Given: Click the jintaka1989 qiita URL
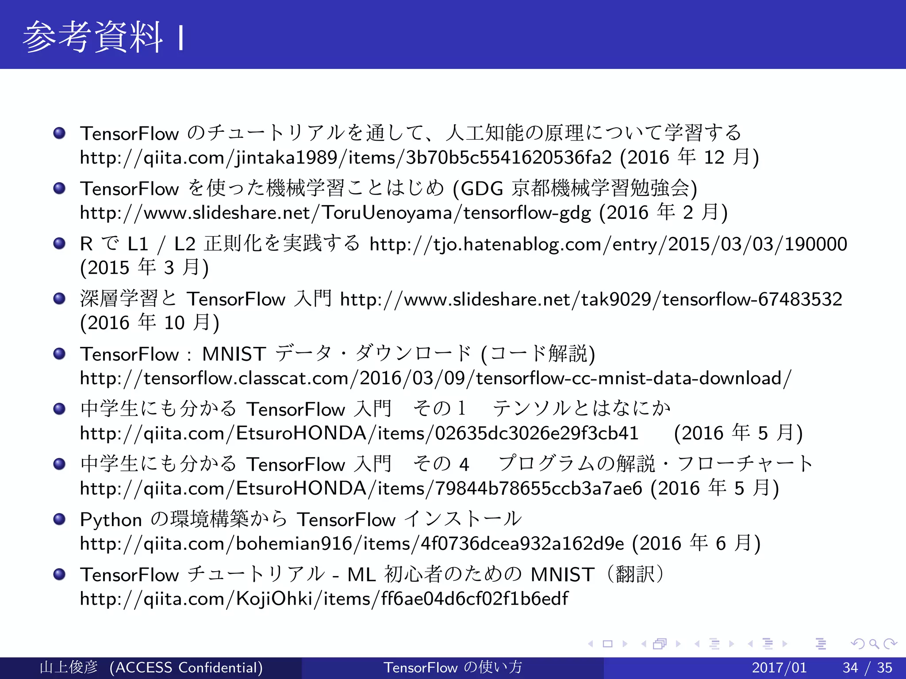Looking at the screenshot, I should (x=346, y=158).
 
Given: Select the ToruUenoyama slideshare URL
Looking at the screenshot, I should (x=335, y=213).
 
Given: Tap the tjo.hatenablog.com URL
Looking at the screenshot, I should (x=608, y=244).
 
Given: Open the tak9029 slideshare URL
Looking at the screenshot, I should (x=591, y=299).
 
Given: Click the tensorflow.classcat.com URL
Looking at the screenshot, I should (x=435, y=378).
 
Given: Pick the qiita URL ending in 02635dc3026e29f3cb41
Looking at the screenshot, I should (x=359, y=433).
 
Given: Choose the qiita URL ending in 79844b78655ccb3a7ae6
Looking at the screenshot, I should (x=361, y=488).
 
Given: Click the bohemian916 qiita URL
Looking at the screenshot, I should (x=352, y=544).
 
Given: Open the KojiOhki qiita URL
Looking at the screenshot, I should (x=324, y=599).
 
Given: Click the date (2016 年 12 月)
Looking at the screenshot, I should (x=690, y=158).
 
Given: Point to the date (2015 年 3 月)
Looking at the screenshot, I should (x=144, y=268).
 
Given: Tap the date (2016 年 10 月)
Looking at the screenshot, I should (x=150, y=323).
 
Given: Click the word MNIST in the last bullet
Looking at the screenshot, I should (x=562, y=575).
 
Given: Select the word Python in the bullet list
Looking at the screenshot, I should (x=111, y=520).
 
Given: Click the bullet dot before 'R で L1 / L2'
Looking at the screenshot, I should (x=59, y=244).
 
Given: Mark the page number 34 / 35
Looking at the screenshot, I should (x=867, y=668).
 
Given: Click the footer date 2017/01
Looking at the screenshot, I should (x=779, y=668).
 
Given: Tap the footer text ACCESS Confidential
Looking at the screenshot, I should (x=186, y=668).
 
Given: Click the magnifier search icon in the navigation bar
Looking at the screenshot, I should (x=874, y=644).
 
